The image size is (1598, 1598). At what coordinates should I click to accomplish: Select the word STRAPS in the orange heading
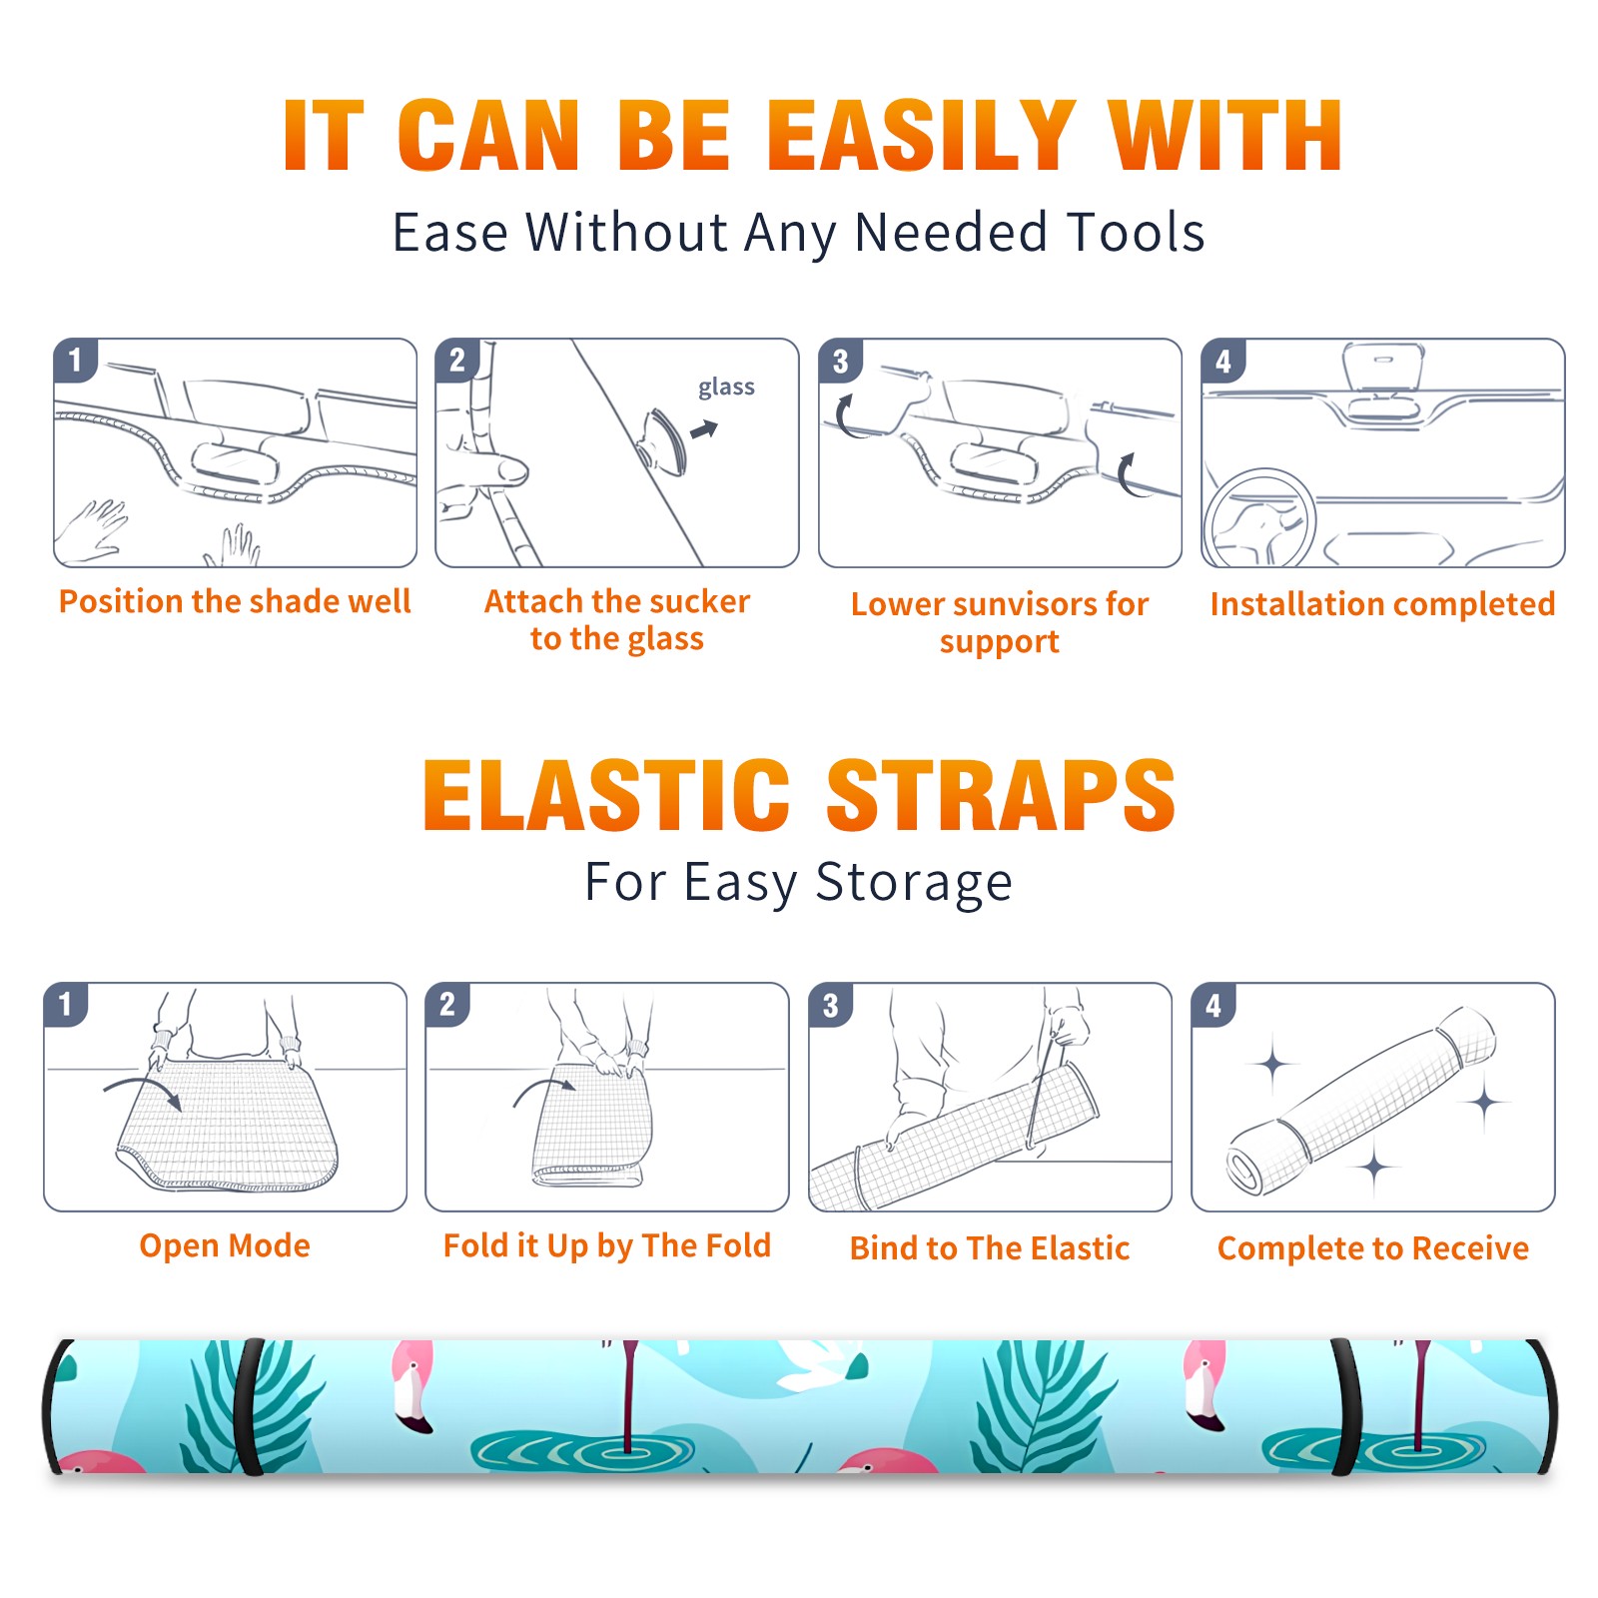tap(1001, 795)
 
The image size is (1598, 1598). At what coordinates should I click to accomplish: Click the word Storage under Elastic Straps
tap(914, 884)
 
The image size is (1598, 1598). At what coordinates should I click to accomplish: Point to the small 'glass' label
tap(726, 388)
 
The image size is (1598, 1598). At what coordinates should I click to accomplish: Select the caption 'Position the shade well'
tap(235, 601)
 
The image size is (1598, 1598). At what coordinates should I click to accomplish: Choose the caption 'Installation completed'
tap(1382, 604)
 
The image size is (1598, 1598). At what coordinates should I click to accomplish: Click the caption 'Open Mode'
tap(225, 1245)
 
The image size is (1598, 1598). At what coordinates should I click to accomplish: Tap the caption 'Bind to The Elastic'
tap(990, 1248)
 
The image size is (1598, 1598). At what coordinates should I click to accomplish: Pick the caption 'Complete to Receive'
tap(1373, 1248)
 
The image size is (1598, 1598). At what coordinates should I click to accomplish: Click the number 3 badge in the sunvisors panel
tap(840, 361)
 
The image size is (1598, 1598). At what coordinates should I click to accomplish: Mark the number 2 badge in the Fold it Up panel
tap(447, 1004)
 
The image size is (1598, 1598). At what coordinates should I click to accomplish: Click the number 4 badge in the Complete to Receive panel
tap(1213, 1005)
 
